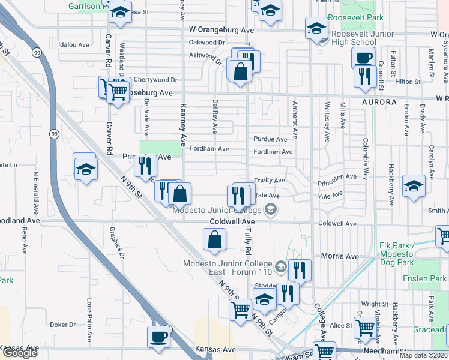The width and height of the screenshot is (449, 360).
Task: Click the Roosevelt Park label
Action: pyautogui.click(x=362, y=18)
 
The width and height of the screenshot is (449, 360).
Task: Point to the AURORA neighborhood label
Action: pyautogui.click(x=379, y=103)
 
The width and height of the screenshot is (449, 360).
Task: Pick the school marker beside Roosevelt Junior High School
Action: pyautogui.click(x=316, y=28)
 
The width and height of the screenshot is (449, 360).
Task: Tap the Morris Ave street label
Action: pyautogui.click(x=340, y=257)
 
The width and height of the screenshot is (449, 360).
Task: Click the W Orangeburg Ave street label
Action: pyautogui.click(x=221, y=29)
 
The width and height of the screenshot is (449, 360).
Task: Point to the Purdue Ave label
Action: pyautogui.click(x=270, y=139)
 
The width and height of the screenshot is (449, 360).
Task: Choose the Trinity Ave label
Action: pyautogui.click(x=270, y=180)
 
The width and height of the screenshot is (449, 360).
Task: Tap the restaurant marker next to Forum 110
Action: pyautogui.click(x=300, y=270)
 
